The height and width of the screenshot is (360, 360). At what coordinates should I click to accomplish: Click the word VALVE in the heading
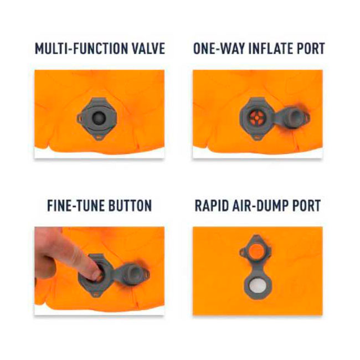pos(145,48)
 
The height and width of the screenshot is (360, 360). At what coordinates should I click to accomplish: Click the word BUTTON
pos(130,205)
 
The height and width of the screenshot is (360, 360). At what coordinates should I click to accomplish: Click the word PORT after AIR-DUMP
pos(306,205)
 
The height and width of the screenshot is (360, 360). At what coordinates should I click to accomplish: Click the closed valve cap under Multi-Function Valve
pos(99,118)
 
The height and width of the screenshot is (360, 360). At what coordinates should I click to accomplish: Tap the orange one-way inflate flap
pos(257,119)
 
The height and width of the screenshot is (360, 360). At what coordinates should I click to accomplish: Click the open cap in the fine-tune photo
pos(132,274)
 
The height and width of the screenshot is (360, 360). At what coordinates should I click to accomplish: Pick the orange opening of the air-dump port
pos(257,251)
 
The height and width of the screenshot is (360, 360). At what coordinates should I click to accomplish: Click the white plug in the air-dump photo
pos(257,286)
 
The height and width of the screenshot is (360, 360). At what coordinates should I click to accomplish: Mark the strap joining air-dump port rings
pos(257,268)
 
